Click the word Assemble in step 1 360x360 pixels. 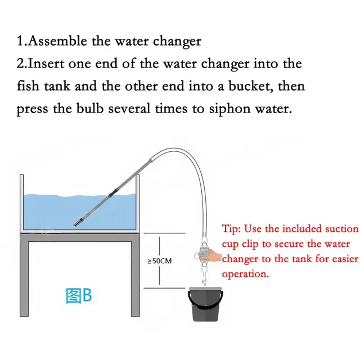coord(58,41)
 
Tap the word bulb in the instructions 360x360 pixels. coord(90,109)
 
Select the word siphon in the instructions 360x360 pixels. coord(229,109)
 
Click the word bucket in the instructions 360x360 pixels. coord(251,86)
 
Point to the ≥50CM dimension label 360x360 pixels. coord(159,261)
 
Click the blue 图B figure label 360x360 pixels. coord(79,296)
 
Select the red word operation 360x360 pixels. coord(245,274)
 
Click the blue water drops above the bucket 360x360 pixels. coord(204,282)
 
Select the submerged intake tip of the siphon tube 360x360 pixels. coord(78,223)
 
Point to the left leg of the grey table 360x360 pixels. coord(24,279)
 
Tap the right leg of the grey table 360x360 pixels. coord(136,279)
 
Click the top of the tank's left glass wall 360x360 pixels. coord(21,175)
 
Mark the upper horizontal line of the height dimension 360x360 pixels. coord(164,233)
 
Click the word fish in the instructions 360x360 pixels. coord(28,86)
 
